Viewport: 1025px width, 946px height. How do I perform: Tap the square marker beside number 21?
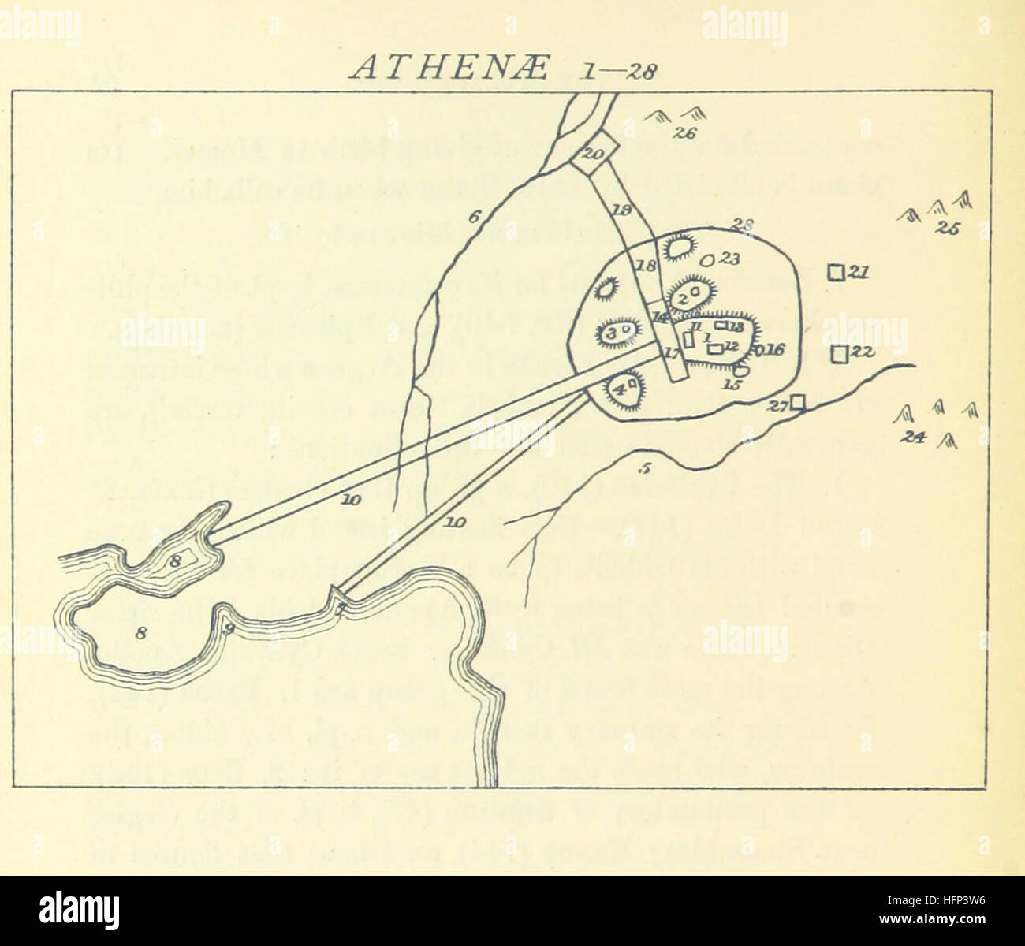[836, 273]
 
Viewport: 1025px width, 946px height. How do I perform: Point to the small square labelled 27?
[799, 402]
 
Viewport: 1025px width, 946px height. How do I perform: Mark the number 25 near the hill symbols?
[945, 229]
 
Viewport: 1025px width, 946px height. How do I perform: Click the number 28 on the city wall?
[741, 226]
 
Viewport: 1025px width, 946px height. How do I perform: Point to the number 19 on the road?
[622, 209]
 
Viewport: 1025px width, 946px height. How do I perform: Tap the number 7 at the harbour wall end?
[340, 609]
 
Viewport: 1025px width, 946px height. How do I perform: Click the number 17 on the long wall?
[672, 354]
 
